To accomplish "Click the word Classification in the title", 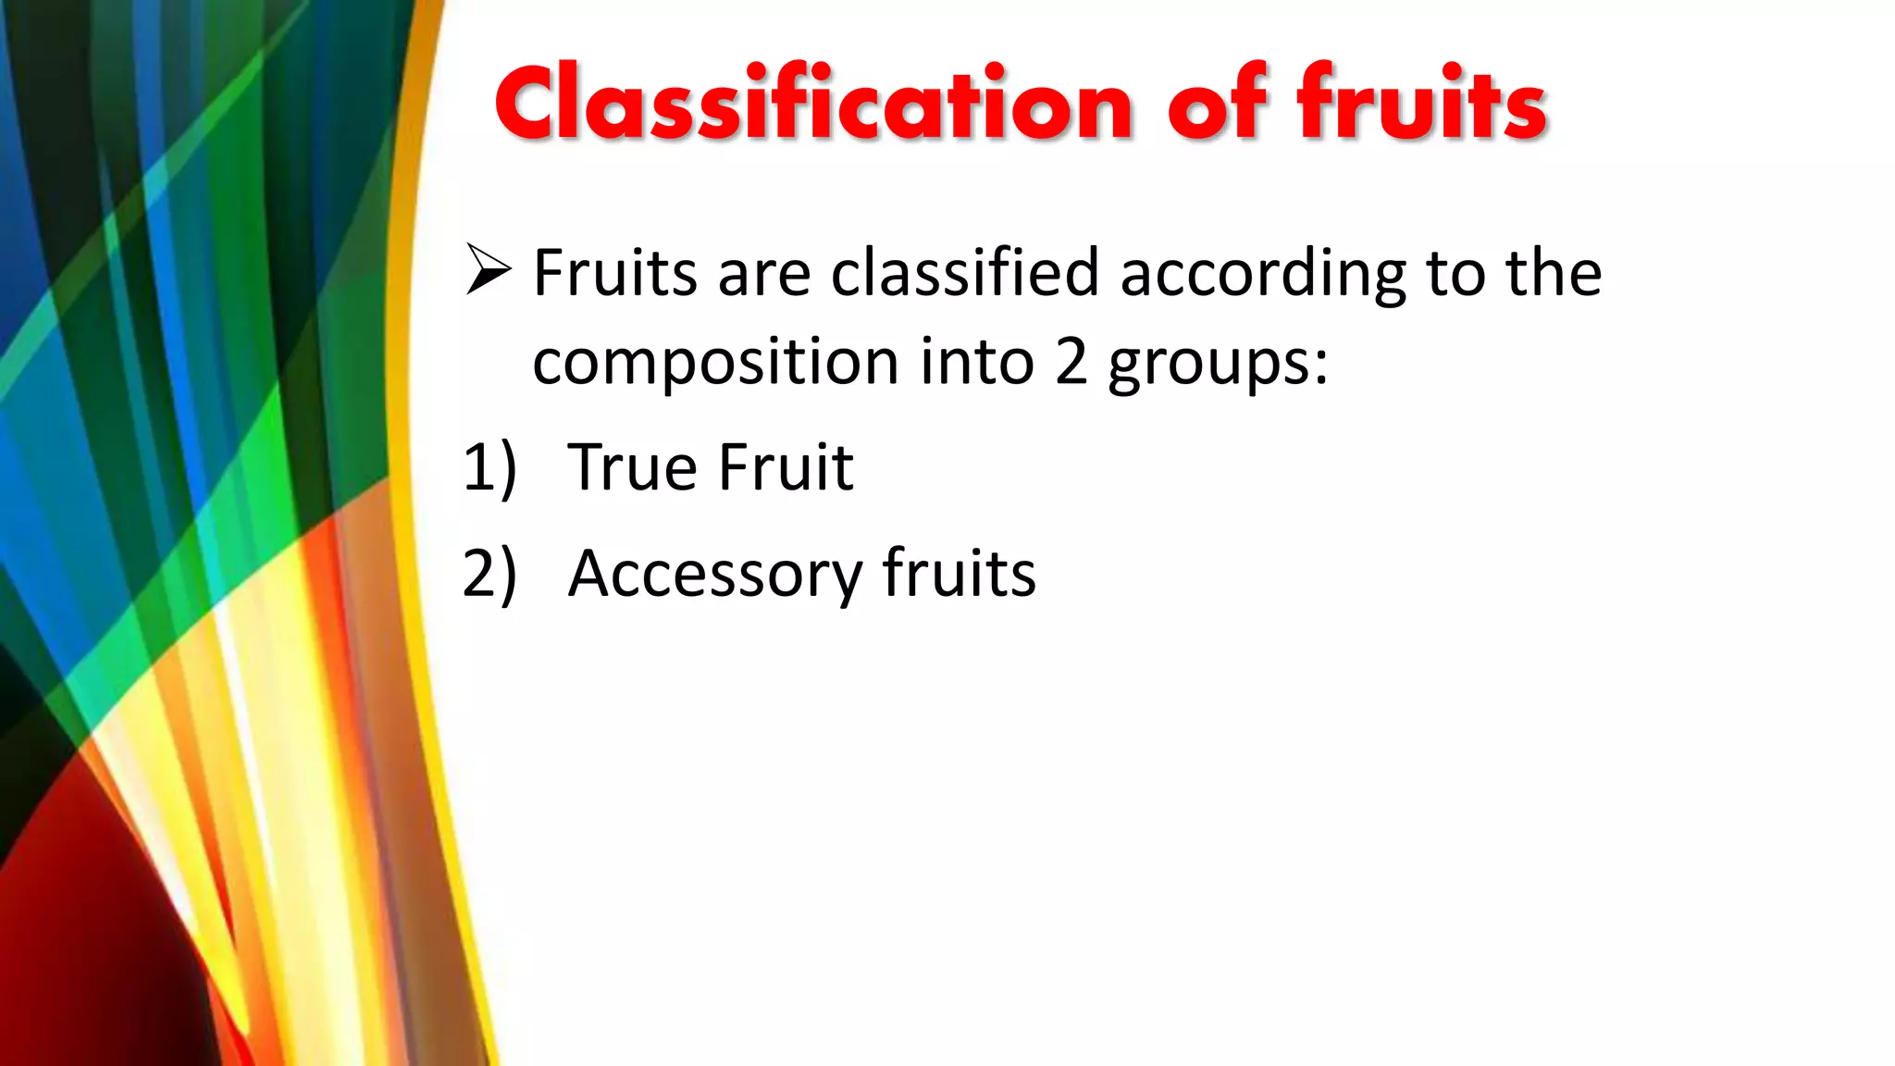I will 814,104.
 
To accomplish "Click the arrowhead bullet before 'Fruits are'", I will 488,269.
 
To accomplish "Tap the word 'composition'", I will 715,363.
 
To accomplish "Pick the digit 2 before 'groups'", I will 1071,361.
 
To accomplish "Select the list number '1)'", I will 489,468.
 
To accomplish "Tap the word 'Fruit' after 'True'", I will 786,467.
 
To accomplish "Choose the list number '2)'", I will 489,574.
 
